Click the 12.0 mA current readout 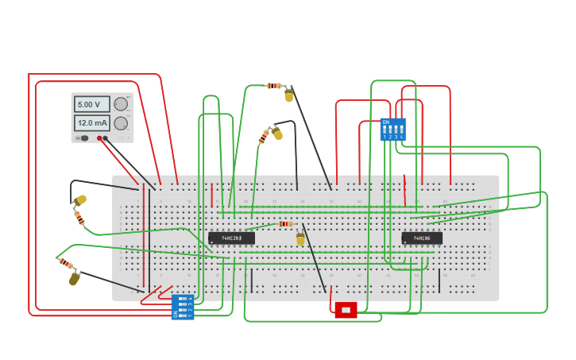point(91,123)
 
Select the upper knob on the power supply point(121,104)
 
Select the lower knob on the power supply point(121,123)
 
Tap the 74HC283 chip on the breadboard point(231,238)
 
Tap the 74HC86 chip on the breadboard point(421,238)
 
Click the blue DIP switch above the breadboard point(393,130)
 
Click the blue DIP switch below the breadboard point(183,306)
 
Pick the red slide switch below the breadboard point(346,309)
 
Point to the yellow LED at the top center point(288,95)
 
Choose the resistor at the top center point(274,85)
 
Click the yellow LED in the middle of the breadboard point(300,238)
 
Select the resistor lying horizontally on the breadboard point(285,224)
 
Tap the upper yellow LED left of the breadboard point(79,200)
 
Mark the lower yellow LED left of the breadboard point(74,278)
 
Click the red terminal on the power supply point(99,138)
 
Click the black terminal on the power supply point(106,138)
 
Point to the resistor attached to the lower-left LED point(65,262)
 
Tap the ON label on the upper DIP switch point(386,122)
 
